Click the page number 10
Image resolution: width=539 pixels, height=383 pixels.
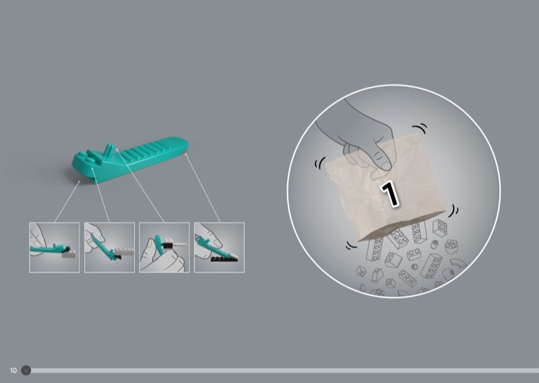(13, 370)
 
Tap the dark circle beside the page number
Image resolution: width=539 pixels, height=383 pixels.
(26, 370)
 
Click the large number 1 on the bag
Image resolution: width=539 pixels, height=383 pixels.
(390, 194)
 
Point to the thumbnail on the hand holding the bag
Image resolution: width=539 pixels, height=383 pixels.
(385, 166)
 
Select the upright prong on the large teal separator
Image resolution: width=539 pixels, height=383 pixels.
(108, 150)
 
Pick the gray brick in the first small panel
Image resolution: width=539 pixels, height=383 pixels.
(69, 254)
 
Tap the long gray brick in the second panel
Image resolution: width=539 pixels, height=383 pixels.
(124, 252)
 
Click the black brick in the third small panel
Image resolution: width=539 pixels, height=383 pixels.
(167, 245)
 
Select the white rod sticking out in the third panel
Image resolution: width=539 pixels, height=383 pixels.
(179, 244)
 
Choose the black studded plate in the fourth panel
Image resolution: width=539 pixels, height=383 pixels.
(224, 259)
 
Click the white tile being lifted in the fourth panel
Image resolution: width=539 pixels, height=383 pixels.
(234, 256)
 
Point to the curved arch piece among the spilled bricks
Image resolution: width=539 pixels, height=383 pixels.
(458, 263)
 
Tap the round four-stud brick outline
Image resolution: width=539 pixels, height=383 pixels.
(451, 246)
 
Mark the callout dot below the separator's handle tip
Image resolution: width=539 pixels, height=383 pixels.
(186, 154)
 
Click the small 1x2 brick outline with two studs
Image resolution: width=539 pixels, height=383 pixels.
(414, 254)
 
